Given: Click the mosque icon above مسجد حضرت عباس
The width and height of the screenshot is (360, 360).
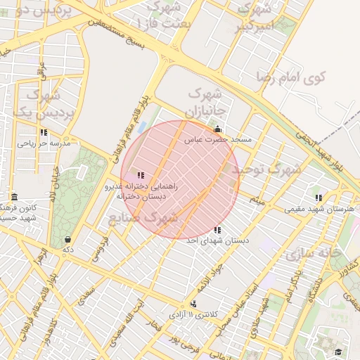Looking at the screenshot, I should point(217,129).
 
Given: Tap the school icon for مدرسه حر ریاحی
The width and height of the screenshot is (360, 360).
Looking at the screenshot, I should point(44,132).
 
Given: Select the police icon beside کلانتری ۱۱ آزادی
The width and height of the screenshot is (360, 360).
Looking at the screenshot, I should point(193,304).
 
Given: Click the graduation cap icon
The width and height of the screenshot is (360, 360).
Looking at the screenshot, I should point(337,352).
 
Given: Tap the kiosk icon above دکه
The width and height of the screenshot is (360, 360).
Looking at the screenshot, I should point(67,239).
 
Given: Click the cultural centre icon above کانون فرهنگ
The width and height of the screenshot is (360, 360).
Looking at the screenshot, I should point(15,197).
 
